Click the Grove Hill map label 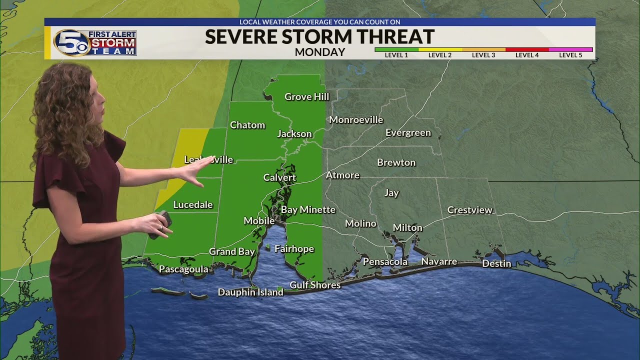tap(306, 96)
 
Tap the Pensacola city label tap(385, 261)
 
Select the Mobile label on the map tap(258, 220)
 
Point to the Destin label tap(496, 263)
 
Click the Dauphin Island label tap(250, 292)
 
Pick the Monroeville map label tap(356, 119)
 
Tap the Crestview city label tap(469, 210)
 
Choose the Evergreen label tap(408, 132)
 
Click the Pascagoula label tap(183, 269)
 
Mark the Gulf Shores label tap(315, 285)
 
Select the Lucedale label tap(193, 204)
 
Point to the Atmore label tap(342, 175)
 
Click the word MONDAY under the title tap(319, 52)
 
